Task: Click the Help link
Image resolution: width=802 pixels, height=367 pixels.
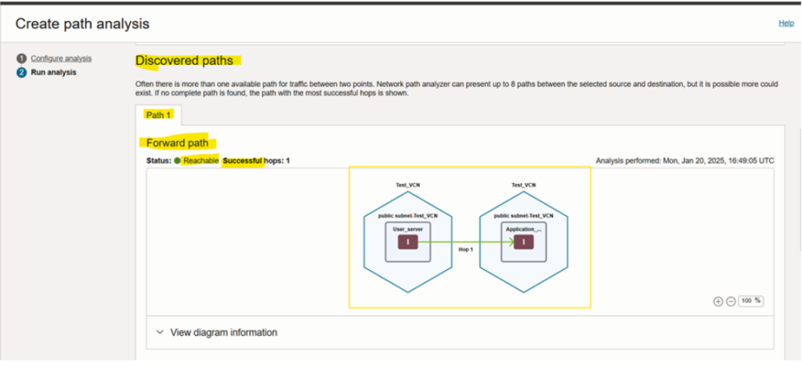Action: coord(786,23)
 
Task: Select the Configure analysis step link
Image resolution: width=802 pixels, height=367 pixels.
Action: coord(61,58)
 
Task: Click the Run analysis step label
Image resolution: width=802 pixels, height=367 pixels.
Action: coord(54,72)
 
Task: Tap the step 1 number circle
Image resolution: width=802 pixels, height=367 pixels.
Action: coord(21,58)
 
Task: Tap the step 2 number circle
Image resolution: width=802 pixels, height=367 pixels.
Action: coord(21,72)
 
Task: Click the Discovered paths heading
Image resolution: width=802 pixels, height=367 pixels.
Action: coord(184,61)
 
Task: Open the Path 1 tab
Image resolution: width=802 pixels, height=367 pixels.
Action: coord(158,115)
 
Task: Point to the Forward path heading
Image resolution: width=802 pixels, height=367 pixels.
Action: coord(178,142)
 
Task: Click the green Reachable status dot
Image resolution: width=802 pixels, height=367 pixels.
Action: coord(177,160)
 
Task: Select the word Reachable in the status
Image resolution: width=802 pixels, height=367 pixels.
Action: coord(201,160)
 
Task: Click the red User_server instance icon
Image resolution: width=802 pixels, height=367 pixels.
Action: coord(408,243)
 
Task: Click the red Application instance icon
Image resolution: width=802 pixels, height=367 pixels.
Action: coord(524,243)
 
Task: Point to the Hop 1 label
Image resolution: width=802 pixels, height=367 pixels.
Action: coord(465,250)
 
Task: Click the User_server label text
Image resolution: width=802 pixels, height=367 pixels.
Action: coord(407,229)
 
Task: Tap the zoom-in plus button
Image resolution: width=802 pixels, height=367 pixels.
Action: coord(718,301)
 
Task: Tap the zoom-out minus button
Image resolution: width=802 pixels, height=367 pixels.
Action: coord(731,301)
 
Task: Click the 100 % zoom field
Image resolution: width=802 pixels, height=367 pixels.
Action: coord(751,301)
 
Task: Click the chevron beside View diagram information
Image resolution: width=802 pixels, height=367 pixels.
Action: coord(160,333)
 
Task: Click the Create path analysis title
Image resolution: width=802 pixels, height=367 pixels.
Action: coord(82,23)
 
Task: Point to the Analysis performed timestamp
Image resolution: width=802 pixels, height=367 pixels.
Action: coord(685,160)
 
